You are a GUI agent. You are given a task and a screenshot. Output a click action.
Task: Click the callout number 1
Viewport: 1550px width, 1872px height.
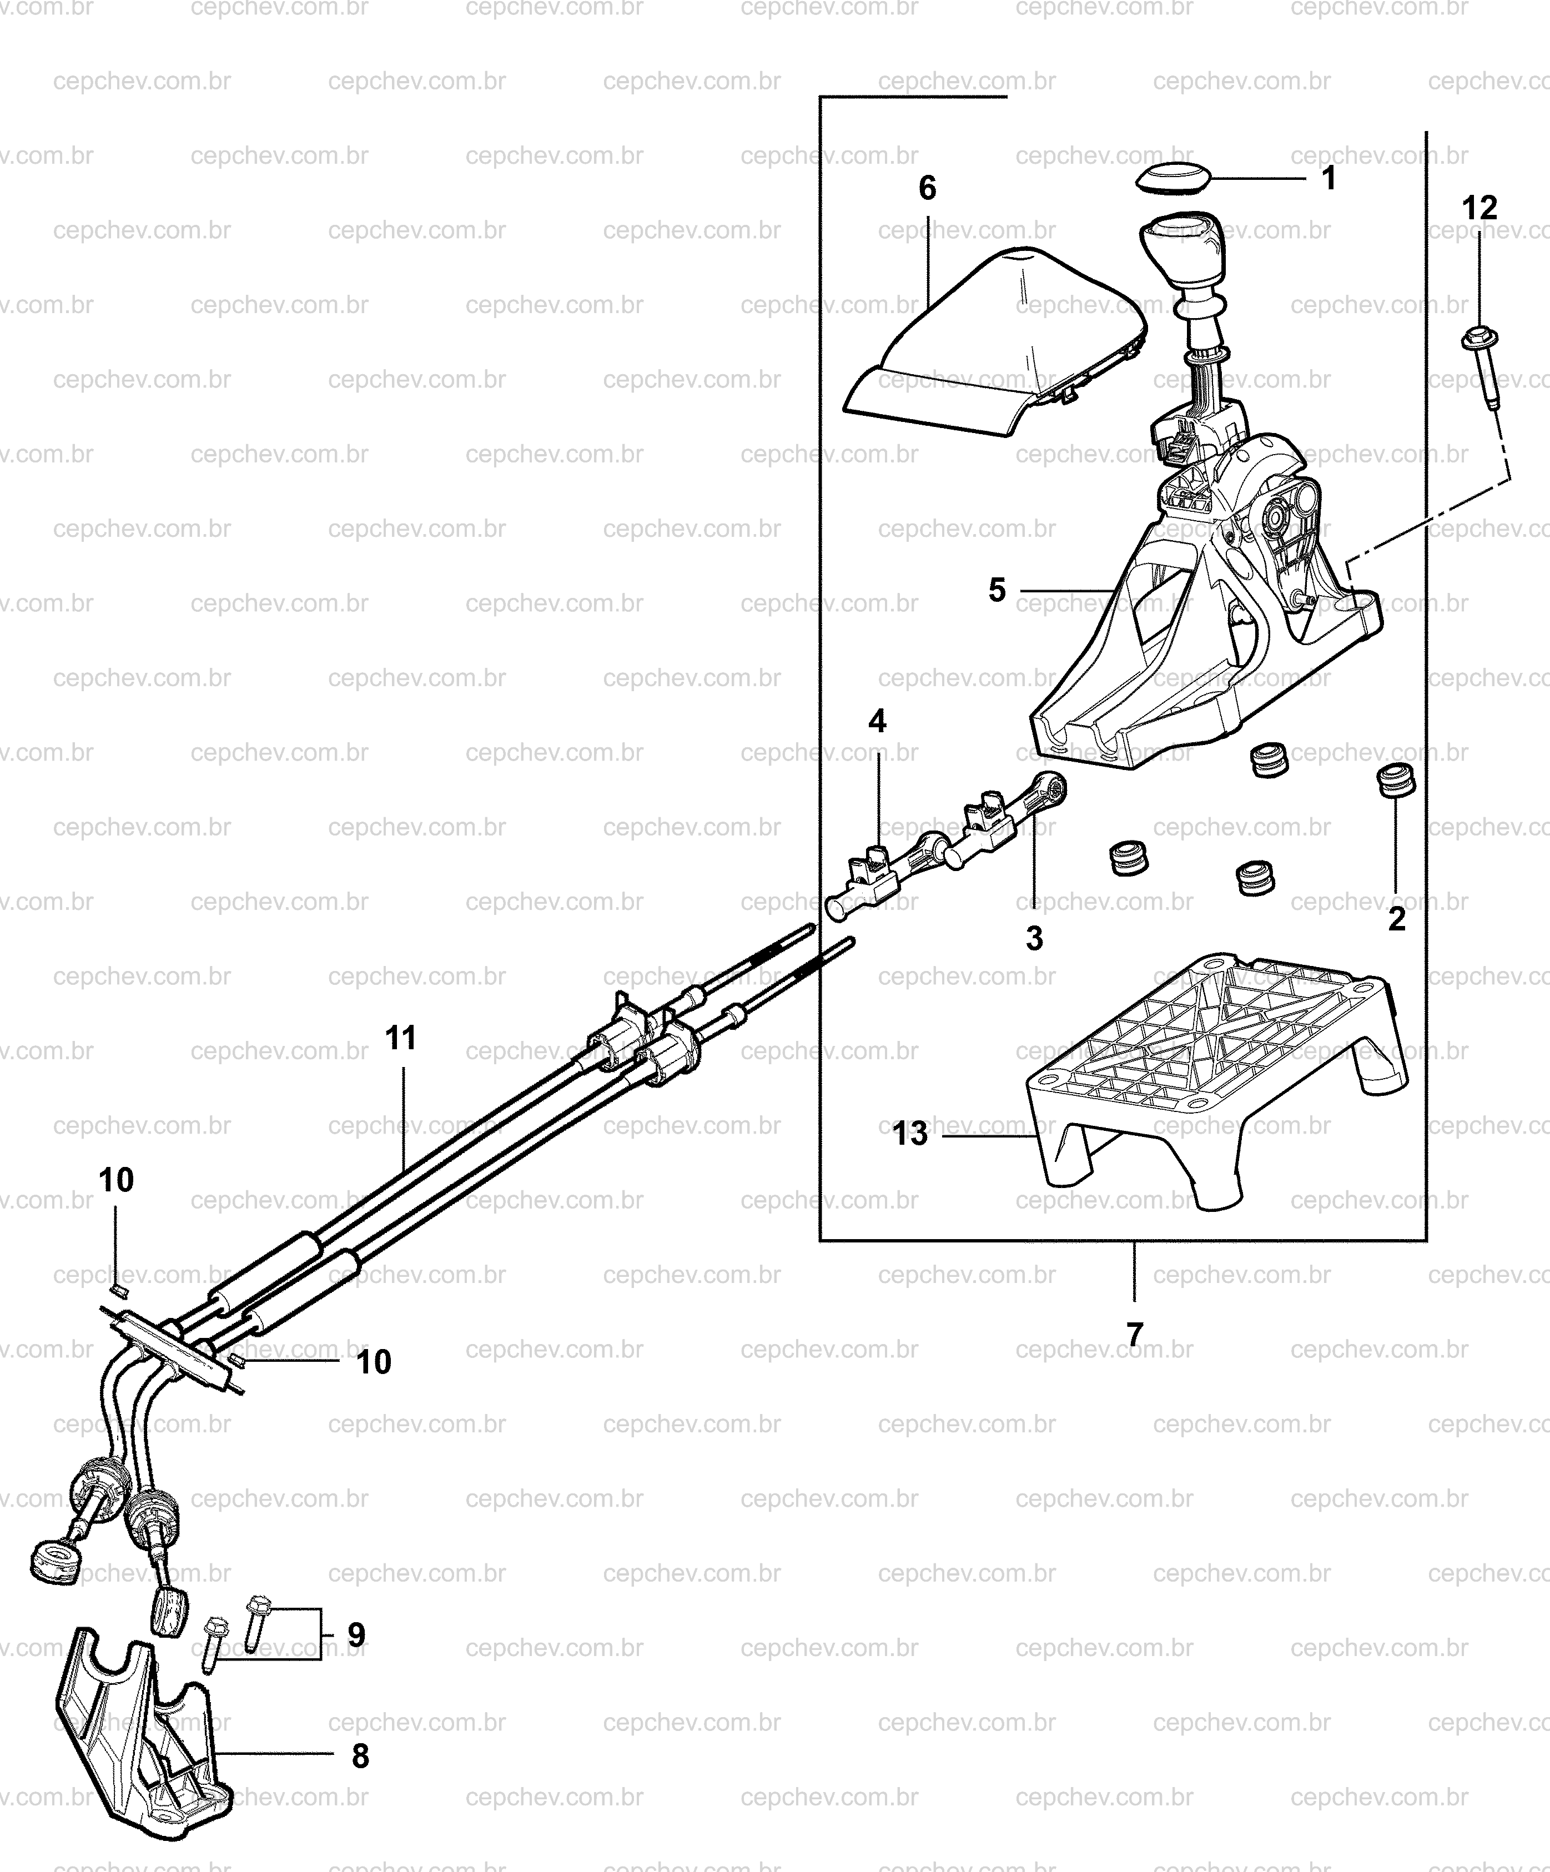coord(1328,178)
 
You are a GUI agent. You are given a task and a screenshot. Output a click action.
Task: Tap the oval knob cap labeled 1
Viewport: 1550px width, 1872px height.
coord(1174,177)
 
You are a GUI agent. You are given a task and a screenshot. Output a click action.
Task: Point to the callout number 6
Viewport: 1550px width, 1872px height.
coord(927,188)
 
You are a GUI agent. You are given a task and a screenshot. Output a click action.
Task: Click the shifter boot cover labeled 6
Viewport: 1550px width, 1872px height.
coord(994,343)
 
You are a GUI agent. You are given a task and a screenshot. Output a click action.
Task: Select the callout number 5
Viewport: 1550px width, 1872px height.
coord(997,590)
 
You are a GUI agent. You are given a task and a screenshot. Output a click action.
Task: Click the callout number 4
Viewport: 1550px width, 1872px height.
coord(877,720)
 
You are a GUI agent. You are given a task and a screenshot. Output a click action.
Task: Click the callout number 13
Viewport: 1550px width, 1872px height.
coord(909,1134)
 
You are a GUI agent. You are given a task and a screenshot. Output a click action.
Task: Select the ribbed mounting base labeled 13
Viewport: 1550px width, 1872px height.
coord(1217,1079)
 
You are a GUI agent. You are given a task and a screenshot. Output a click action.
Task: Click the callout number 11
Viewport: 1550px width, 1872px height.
coord(401,1038)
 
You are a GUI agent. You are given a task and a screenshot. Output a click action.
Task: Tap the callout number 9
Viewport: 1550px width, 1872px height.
coord(356,1635)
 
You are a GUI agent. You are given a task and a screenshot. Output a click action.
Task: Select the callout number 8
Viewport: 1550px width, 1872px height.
coord(360,1756)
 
